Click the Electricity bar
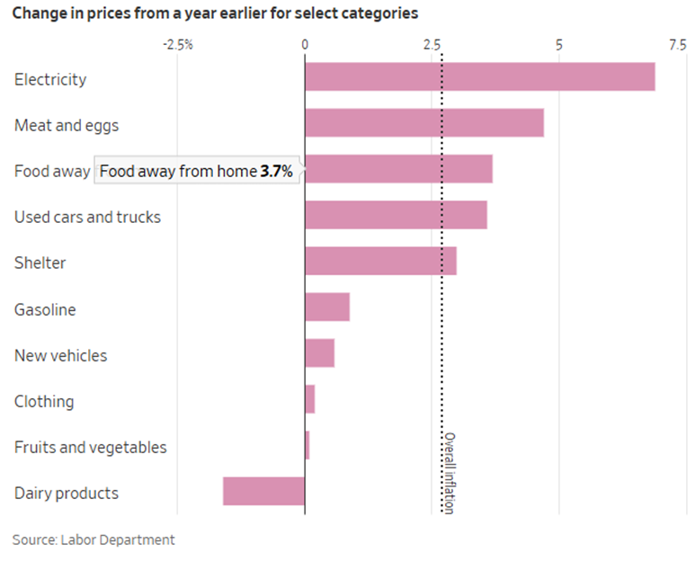(479, 76)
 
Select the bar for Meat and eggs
(423, 122)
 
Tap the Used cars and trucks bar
(396, 215)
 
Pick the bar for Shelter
(380, 261)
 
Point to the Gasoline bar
(327, 307)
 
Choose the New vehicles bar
(319, 353)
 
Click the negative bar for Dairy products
(263, 491)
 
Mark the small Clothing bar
(310, 399)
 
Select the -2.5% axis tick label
(177, 44)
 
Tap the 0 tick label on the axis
(305, 44)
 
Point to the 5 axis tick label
(558, 44)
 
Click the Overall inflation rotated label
(449, 473)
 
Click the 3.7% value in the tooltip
(277, 171)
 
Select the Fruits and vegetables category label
(90, 447)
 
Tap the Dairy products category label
(66, 493)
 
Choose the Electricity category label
(50, 79)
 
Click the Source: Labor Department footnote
(94, 539)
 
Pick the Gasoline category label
(45, 309)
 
